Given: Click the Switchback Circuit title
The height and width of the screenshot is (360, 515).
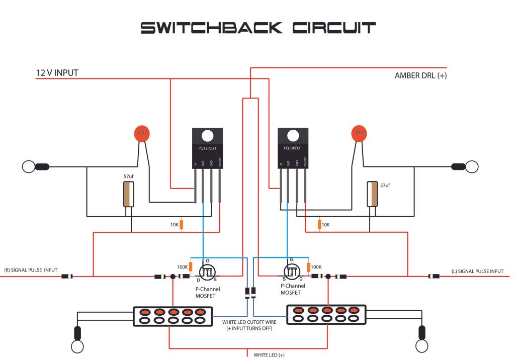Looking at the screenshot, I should pos(257,28).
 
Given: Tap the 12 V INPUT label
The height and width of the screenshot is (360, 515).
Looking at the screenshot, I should pos(57,73).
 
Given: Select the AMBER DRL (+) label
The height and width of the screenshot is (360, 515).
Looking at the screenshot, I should pos(421,76).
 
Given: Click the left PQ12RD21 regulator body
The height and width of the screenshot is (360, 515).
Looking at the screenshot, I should pos(207,148).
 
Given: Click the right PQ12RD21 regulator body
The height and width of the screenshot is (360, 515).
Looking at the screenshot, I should pos(293,148).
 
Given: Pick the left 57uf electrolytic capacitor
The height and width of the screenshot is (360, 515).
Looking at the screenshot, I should pos(129,194).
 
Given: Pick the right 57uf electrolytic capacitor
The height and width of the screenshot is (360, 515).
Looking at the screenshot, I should pos(373,194).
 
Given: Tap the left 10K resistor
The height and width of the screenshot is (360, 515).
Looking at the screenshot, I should pos(182,224).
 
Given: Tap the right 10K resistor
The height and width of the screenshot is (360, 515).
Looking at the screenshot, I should pos(319,224).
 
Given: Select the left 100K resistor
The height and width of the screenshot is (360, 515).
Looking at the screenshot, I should pos(191,267).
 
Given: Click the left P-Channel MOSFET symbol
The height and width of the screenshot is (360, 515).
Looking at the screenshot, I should pos(207,271).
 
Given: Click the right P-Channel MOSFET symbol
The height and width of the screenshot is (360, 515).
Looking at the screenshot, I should pos(292,271).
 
